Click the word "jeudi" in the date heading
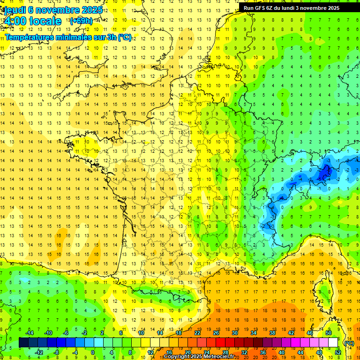pos(15,10)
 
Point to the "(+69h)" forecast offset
pos(81,21)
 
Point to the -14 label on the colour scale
pos(29,333)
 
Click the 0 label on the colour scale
pos(93,352)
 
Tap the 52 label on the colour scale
pos(338,352)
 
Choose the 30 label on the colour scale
pos(235,333)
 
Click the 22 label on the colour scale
pos(197,333)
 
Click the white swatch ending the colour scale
pos(333,343)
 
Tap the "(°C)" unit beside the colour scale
pos(349,343)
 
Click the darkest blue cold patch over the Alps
pos(323,174)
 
